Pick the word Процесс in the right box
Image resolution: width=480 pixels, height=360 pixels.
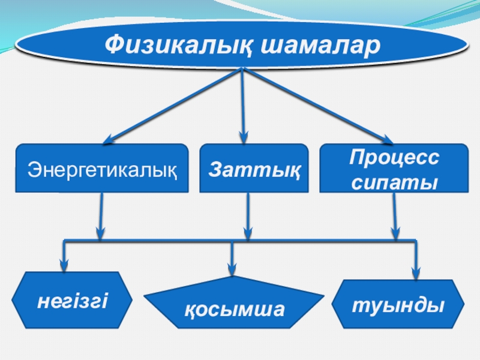click(x=394, y=158)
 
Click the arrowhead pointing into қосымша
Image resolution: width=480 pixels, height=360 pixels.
click(x=233, y=267)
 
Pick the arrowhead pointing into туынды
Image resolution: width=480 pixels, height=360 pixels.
click(x=416, y=270)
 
